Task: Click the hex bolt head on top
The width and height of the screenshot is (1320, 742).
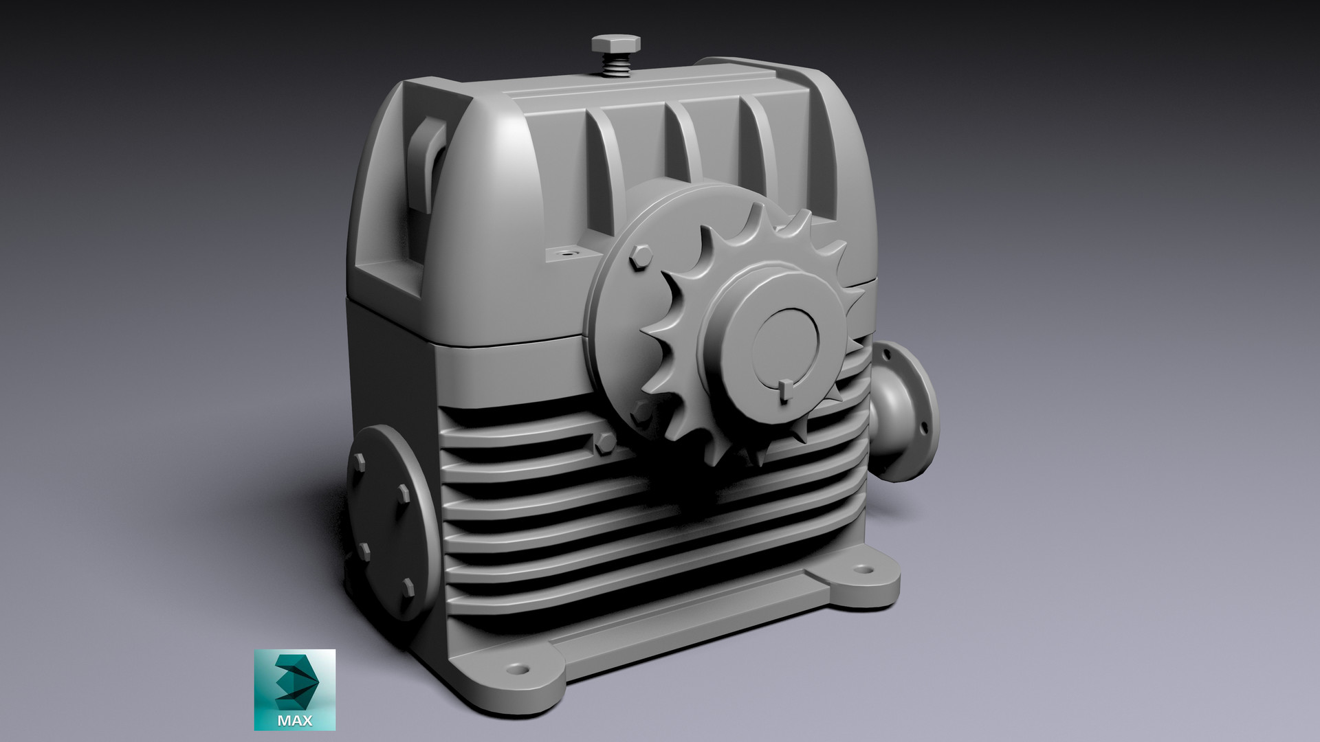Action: (616, 43)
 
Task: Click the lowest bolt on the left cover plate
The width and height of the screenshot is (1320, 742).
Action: (408, 586)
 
